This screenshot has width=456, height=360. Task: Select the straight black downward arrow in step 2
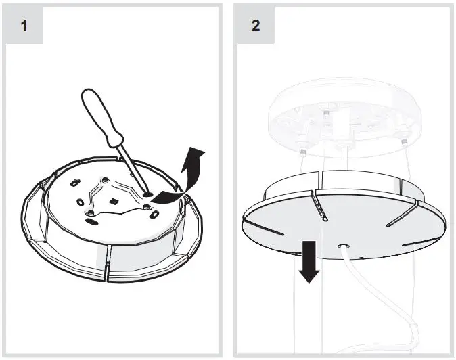(309, 261)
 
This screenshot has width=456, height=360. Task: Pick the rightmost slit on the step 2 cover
(406, 219)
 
